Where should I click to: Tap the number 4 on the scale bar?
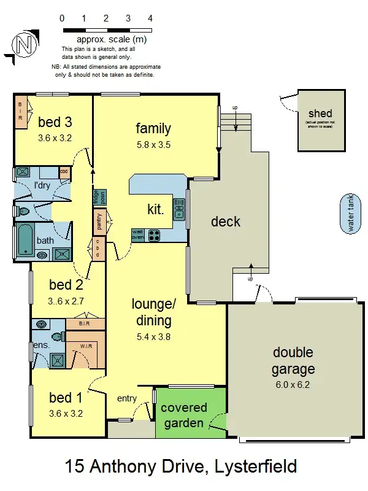[x=150, y=18]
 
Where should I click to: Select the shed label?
[x=320, y=114]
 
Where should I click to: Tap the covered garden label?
[x=184, y=415]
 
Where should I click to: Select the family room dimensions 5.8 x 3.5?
[x=153, y=145]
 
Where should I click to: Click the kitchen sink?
[x=179, y=209]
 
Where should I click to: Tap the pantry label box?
[x=99, y=222]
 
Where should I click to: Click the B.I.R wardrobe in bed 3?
[x=20, y=111]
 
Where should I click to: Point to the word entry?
[x=126, y=399]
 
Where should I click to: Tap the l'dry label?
[x=42, y=185]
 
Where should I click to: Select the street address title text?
[x=181, y=467]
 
